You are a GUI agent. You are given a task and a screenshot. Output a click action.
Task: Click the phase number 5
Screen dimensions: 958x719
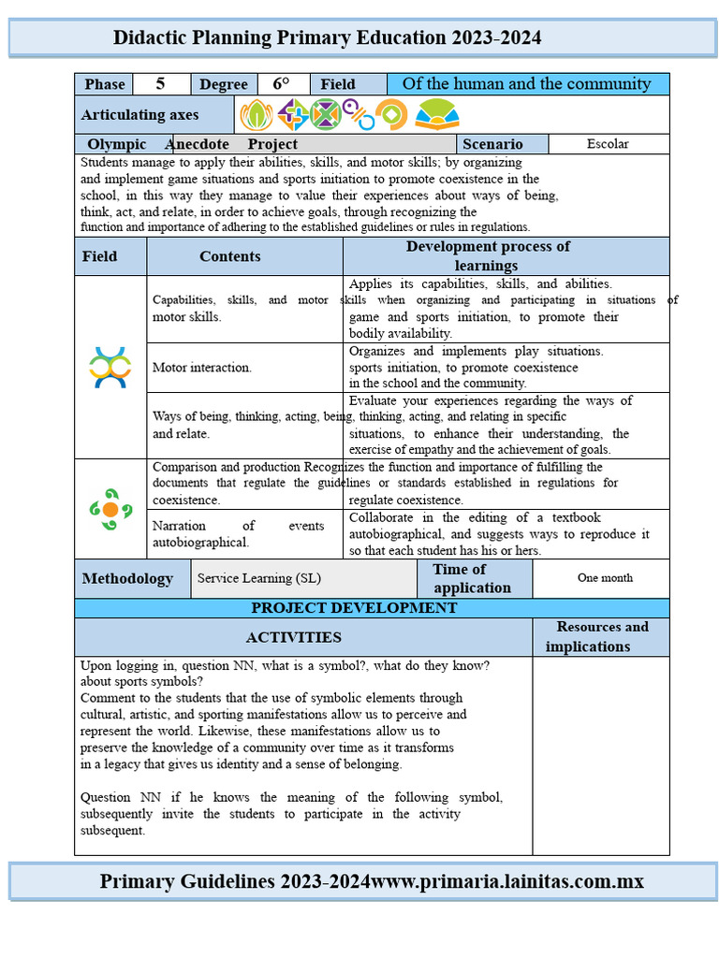[x=160, y=84]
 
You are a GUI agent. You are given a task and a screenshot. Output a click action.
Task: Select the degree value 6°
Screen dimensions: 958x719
[x=281, y=84]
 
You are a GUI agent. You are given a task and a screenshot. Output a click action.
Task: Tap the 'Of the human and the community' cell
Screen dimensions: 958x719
[x=526, y=84]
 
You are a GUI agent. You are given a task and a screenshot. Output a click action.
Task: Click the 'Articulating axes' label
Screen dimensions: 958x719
[x=139, y=115]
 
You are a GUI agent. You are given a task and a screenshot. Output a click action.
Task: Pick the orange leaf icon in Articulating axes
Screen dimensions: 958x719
[x=256, y=115]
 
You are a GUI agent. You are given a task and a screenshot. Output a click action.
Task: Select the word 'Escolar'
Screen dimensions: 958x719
[x=608, y=144]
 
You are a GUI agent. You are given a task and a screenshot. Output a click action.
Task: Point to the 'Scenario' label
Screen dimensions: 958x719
[x=492, y=144]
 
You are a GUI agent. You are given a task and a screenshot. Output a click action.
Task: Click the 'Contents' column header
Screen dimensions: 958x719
[x=230, y=256]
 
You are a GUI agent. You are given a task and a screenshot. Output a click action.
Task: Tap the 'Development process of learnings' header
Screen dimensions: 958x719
[x=488, y=256]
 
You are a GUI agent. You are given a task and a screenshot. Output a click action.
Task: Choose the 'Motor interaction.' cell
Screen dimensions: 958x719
[x=202, y=368]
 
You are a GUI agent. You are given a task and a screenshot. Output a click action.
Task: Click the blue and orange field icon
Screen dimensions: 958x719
[x=110, y=367]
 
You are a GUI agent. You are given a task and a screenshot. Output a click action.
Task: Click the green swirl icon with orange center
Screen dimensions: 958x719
[x=110, y=509]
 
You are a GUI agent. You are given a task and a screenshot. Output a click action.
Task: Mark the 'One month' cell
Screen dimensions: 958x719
[x=605, y=578]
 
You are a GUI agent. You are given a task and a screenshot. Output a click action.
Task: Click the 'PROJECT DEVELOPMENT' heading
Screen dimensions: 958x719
[x=354, y=608]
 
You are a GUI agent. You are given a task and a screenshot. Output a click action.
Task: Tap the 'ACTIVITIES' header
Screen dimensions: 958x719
[x=293, y=637]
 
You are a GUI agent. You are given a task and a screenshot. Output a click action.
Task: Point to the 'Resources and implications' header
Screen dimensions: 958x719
[x=601, y=637]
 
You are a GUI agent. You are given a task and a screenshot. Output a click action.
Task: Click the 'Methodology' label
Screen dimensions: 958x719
[x=127, y=578]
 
